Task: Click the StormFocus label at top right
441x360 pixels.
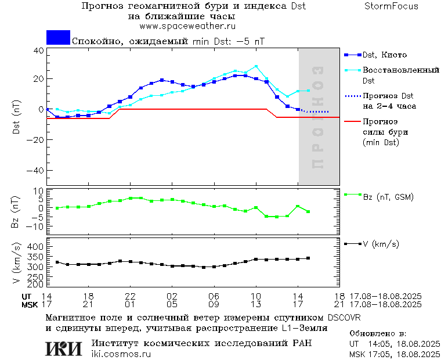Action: point(391,6)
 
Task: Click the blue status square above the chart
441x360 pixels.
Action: point(58,38)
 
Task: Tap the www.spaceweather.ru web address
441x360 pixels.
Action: point(187,26)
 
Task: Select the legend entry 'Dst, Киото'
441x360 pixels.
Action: point(385,55)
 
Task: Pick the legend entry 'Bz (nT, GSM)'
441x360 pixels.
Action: point(388,197)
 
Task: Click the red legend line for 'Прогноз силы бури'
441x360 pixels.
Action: point(352,122)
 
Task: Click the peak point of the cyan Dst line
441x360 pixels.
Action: point(256,66)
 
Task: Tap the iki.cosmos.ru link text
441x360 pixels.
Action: point(121,354)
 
